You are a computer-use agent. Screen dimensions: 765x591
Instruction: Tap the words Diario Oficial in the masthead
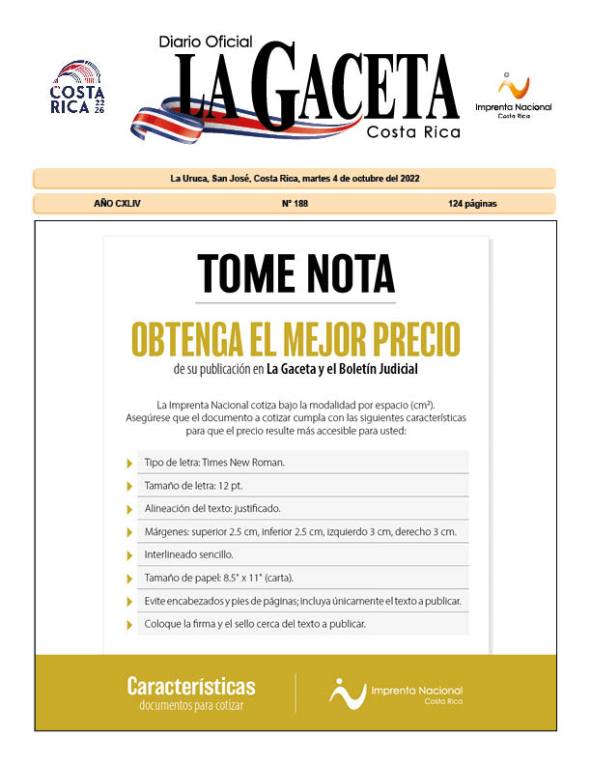click(206, 42)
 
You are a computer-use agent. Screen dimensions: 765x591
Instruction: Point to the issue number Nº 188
click(295, 204)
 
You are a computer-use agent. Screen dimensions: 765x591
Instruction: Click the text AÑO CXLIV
click(118, 204)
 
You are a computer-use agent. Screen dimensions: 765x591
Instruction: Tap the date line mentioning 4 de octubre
click(295, 179)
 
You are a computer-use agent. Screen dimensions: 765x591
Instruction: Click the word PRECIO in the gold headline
click(406, 340)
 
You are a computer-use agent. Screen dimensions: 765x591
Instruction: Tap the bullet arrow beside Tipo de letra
click(130, 463)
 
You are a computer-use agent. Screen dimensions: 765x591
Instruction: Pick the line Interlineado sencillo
click(188, 554)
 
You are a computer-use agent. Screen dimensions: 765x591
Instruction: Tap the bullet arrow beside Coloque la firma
click(130, 625)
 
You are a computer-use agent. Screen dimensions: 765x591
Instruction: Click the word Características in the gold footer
click(191, 687)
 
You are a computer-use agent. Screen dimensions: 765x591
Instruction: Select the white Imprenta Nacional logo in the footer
click(396, 693)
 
